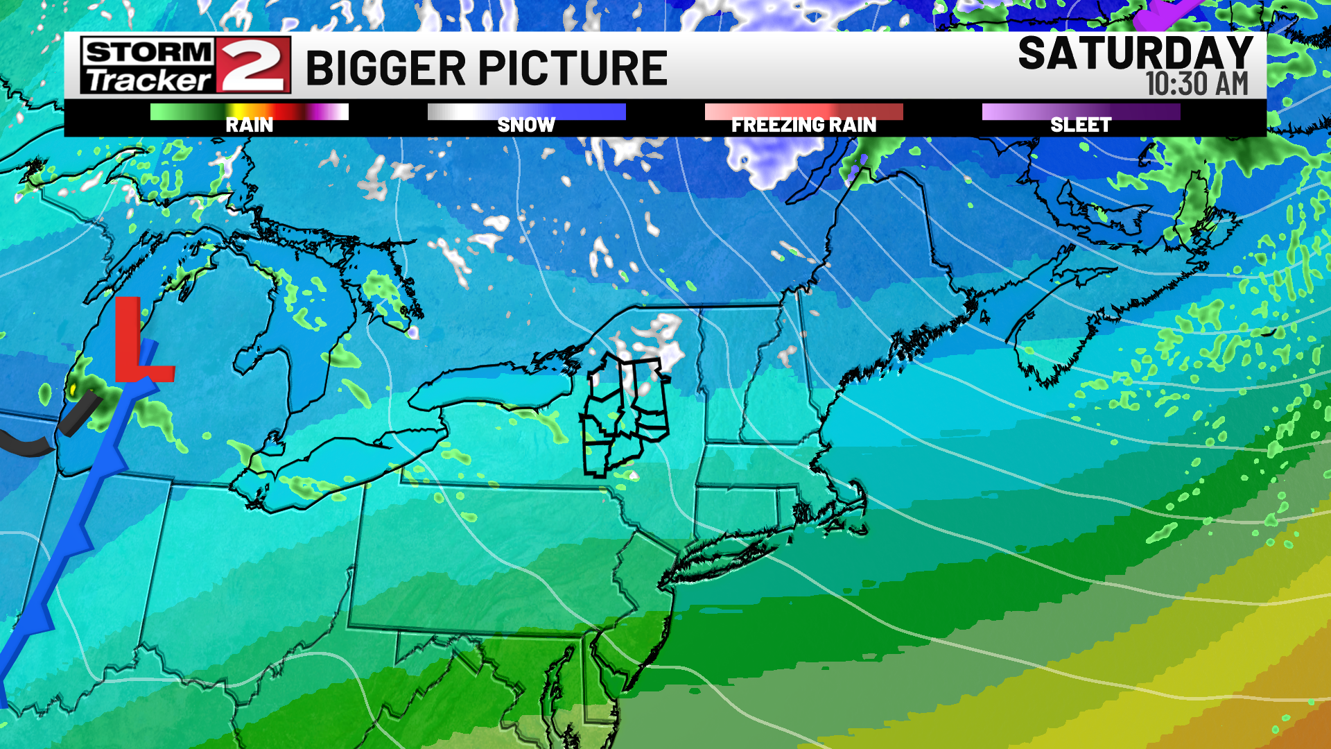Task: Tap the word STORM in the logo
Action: tap(148, 51)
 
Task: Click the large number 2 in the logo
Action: tap(252, 65)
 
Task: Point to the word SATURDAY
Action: tap(1135, 53)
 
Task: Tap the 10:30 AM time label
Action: tap(1197, 84)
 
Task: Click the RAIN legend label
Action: tap(249, 125)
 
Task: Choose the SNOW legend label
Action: tap(526, 125)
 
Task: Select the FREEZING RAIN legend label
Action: tap(803, 125)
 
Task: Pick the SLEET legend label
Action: tap(1081, 125)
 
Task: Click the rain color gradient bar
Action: tap(249, 111)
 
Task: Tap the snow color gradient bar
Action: tap(526, 111)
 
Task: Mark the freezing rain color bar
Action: tap(803, 111)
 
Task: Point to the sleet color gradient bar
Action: tap(1081, 111)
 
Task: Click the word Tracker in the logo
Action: tap(148, 80)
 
